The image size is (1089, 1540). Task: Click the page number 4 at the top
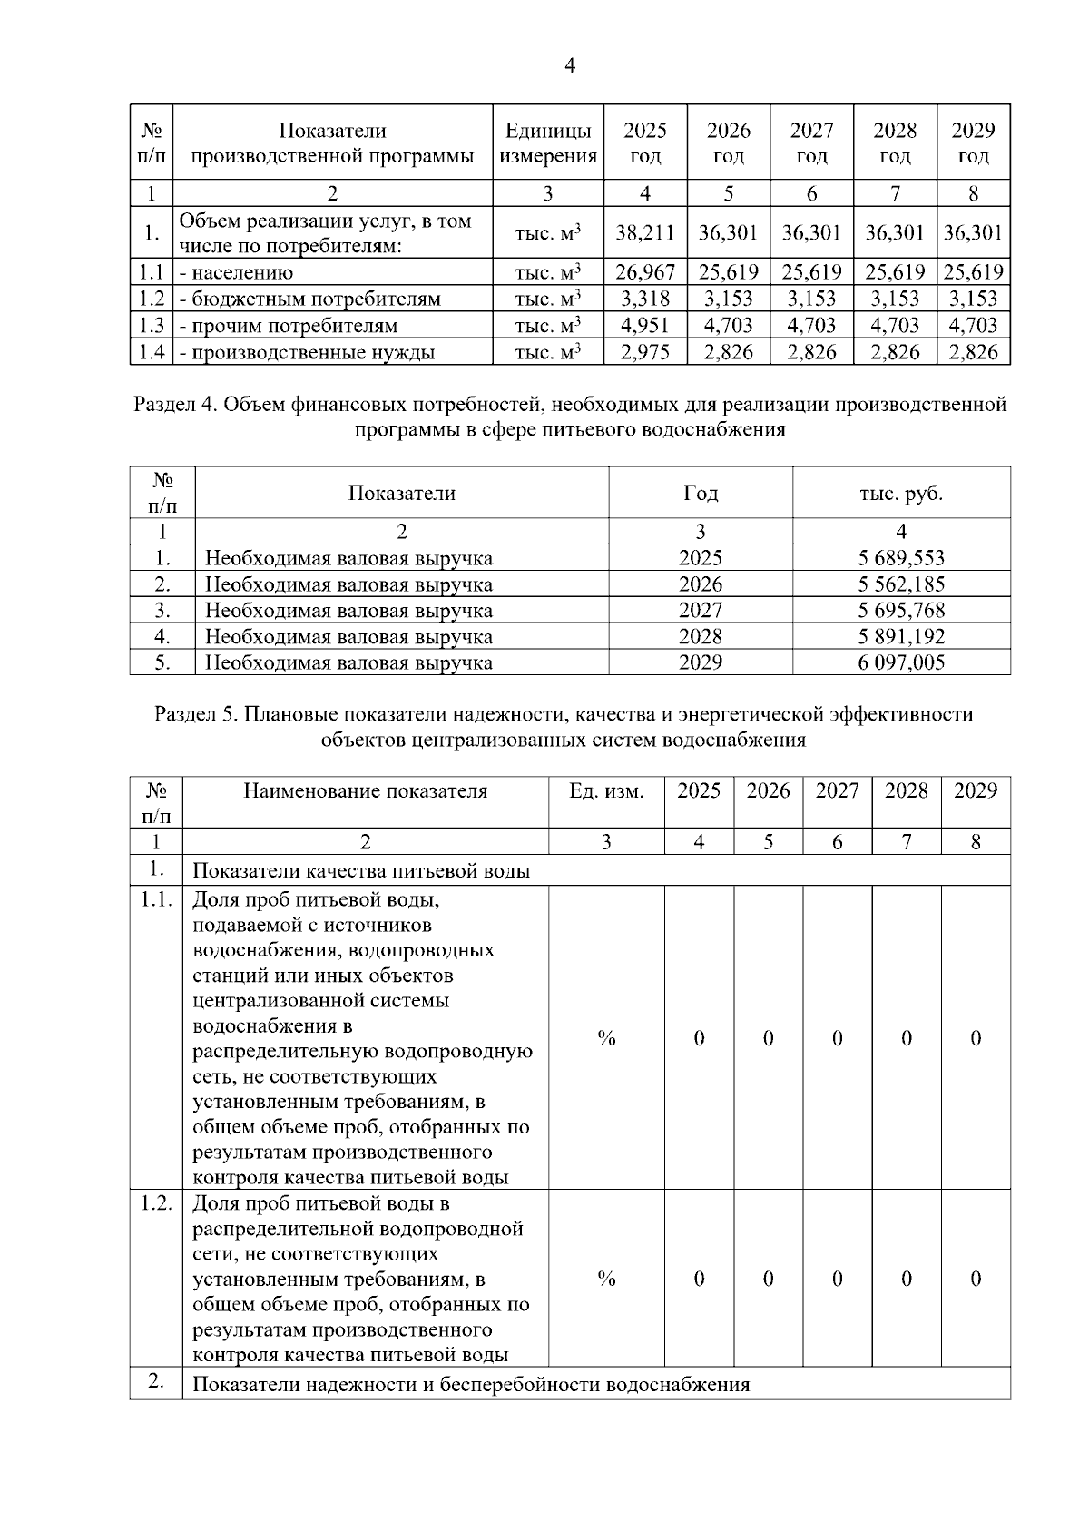[570, 65]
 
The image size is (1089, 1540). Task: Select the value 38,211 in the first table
[644, 232]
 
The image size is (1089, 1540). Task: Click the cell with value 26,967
[644, 272]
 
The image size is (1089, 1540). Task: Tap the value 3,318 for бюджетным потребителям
[644, 299]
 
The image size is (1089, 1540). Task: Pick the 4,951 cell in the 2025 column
[644, 325]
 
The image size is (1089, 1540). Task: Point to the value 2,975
[644, 352]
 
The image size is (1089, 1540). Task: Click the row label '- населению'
[236, 272]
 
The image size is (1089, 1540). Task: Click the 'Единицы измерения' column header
[548, 142]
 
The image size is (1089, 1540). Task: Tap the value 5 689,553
[901, 558]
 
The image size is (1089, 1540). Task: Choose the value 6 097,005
[901, 662]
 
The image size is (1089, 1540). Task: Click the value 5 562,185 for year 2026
[901, 584]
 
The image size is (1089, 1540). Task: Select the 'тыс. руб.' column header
[901, 493]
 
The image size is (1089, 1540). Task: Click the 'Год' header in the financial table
[700, 493]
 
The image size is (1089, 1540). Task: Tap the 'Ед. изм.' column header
[606, 790]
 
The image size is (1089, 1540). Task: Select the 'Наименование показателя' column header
[365, 790]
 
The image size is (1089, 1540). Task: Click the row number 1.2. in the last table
[156, 1203]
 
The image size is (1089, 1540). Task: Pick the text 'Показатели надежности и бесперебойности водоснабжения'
[471, 1385]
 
